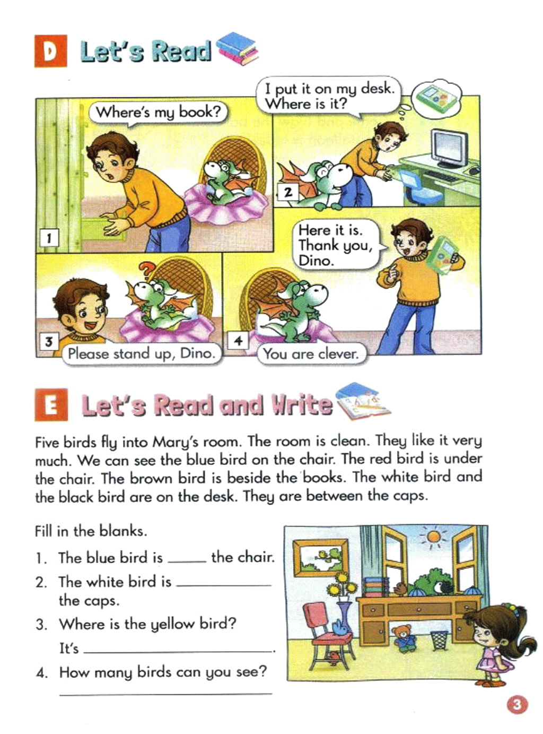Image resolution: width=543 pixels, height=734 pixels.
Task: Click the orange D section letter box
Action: [x=50, y=51]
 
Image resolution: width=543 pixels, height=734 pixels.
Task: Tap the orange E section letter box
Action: [x=51, y=405]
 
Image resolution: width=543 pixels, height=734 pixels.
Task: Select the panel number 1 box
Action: [x=49, y=238]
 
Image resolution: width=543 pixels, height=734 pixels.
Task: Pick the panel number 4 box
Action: [x=238, y=341]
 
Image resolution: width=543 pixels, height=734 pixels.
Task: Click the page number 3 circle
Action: [x=517, y=703]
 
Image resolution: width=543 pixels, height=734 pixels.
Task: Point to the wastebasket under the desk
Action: [x=439, y=640]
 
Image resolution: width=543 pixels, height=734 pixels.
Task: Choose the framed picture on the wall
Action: [x=320, y=558]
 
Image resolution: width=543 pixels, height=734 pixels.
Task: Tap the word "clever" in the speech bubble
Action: [x=339, y=355]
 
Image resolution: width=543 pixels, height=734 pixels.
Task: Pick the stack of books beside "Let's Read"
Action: [x=237, y=49]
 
